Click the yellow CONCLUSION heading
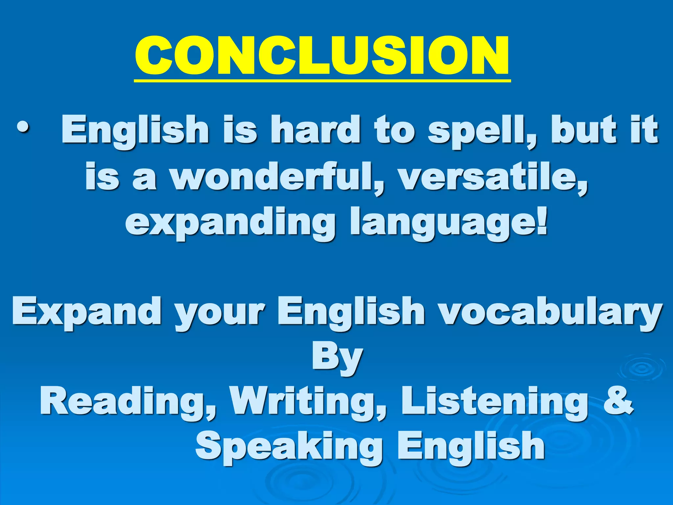point(322,56)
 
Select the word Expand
point(87,312)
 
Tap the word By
point(337,358)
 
